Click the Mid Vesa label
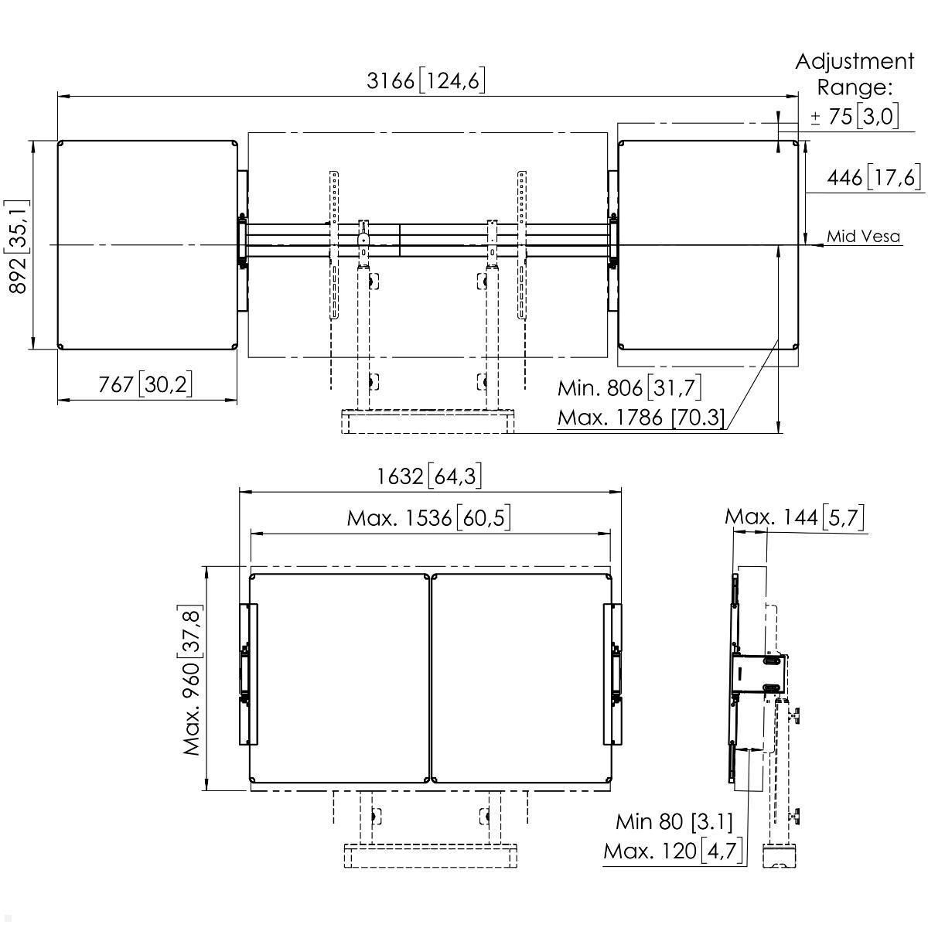point(863,237)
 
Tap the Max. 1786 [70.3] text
point(641,418)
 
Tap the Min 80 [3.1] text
point(674,821)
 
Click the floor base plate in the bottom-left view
point(429,856)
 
